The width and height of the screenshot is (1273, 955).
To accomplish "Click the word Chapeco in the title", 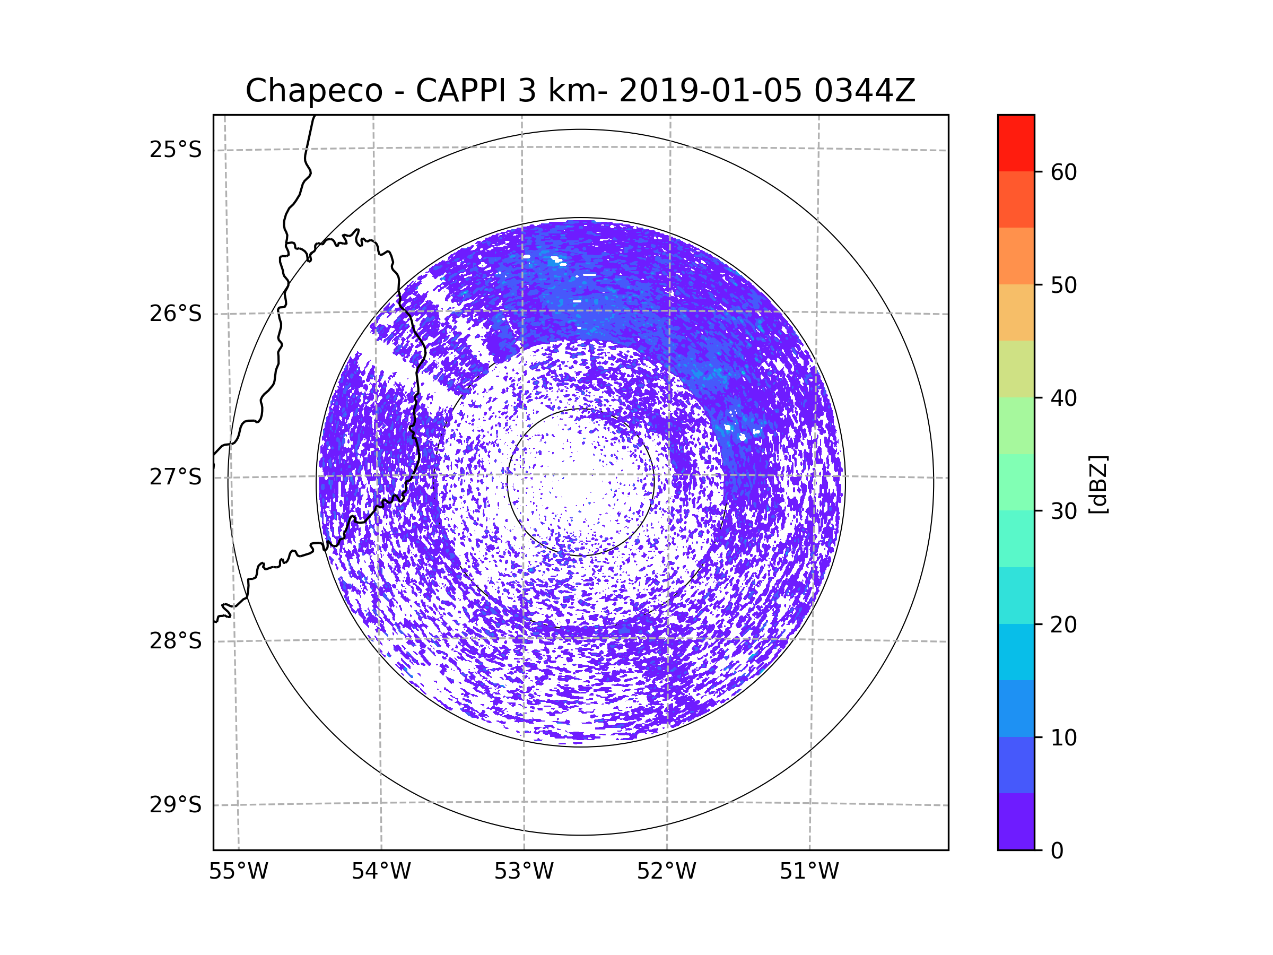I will [x=313, y=91].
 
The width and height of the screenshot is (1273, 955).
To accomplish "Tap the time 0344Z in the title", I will [x=865, y=91].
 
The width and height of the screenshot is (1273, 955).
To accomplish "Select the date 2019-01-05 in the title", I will [x=710, y=91].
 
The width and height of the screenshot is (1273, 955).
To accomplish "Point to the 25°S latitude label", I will [x=176, y=150].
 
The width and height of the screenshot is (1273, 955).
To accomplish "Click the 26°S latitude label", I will [x=176, y=314].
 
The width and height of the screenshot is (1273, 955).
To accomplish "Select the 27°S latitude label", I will [x=176, y=477].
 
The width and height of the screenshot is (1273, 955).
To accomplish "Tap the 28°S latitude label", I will [x=176, y=641].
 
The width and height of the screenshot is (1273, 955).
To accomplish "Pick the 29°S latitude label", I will [x=176, y=805].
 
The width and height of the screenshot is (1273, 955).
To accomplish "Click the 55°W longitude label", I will [x=238, y=872].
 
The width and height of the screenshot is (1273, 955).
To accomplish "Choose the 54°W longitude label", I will [x=381, y=872].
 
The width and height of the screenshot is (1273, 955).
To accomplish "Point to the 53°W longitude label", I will [x=524, y=872].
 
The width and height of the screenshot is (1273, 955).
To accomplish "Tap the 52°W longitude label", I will [x=666, y=872].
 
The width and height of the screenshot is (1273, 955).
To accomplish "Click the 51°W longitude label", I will [x=809, y=872].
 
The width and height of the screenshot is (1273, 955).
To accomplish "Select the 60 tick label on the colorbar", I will [x=1063, y=172].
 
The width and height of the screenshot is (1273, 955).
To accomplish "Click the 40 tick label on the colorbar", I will [x=1063, y=398].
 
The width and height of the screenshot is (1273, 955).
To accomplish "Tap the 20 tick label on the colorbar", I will [x=1063, y=624].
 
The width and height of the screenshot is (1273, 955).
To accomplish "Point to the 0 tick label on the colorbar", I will [x=1057, y=851].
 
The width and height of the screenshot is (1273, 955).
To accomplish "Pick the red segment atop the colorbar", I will [x=1016, y=143].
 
